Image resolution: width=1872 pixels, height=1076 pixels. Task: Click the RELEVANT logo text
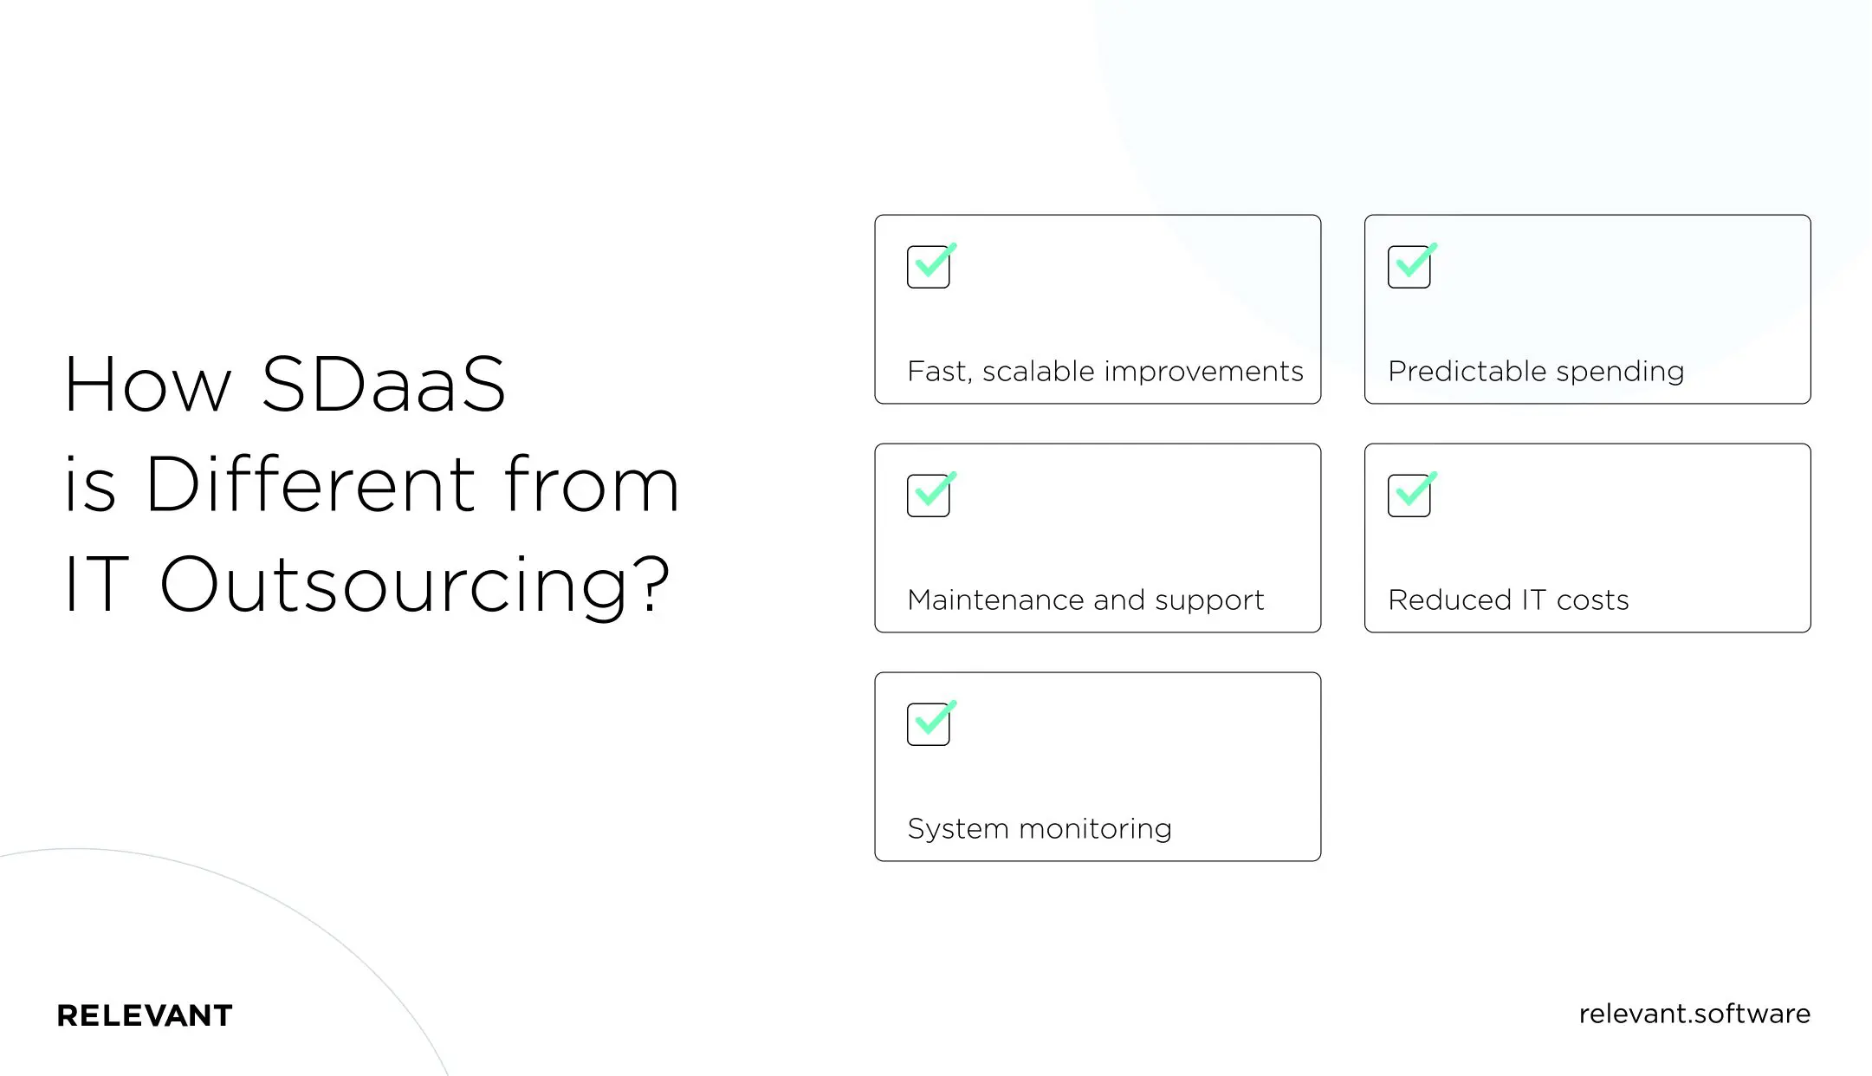145,1015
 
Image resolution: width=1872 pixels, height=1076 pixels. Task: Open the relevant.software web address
1694,1014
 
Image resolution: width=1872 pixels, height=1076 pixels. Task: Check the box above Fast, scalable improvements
929,267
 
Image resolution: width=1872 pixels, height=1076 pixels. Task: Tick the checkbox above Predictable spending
1409,267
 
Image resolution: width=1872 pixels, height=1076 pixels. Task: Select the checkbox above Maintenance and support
929,496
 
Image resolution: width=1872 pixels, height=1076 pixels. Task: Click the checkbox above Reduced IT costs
1409,496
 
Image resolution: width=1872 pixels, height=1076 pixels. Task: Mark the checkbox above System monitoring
929,724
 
